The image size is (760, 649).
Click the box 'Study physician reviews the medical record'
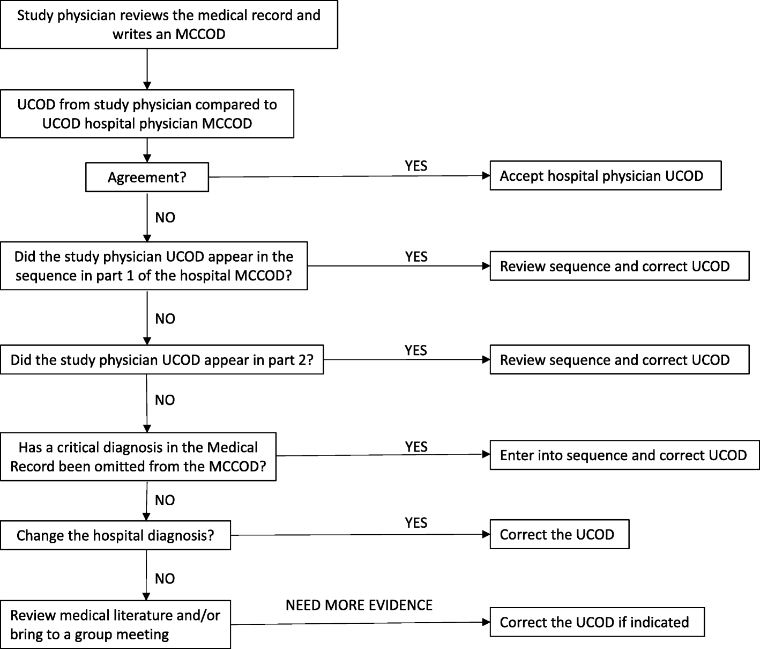pos(169,24)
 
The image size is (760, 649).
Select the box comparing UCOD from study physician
pos(147,114)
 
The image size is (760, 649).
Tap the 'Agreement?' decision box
pos(147,178)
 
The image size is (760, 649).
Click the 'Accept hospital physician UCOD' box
pos(605,176)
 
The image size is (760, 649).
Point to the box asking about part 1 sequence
pos(154,266)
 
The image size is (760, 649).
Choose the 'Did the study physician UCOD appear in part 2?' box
pos(162,359)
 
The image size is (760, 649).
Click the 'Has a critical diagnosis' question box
pos(138,456)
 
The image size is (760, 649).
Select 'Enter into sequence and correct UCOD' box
pos(624,455)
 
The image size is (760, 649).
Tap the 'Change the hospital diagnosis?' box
pos(115,535)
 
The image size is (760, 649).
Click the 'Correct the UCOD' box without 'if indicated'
pos(559,534)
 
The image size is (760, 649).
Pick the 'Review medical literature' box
pos(115,625)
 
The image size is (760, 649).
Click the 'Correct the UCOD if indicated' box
pos(597,622)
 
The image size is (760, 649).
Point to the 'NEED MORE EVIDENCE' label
pos(359,605)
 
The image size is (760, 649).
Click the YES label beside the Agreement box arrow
pos(416,166)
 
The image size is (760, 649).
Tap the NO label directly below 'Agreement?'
pos(165,217)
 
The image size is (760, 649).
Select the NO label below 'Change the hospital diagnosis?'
pos(165,578)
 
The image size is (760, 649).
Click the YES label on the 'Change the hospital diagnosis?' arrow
pos(416,522)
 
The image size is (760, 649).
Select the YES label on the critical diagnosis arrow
pos(416,446)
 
